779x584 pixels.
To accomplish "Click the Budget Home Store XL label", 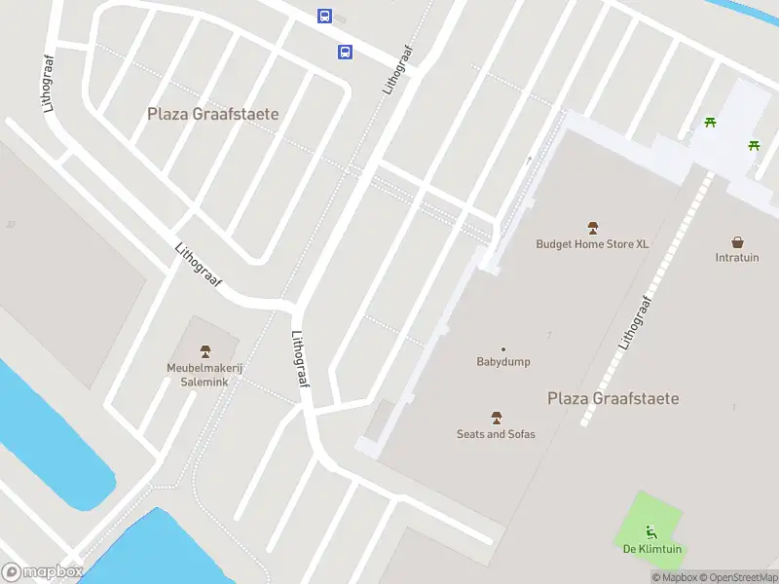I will click(592, 244).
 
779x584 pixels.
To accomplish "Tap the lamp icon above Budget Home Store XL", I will click(592, 227).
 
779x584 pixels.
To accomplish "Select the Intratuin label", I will click(737, 258).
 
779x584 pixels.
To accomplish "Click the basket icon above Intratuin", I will click(737, 241).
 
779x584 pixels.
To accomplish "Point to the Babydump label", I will click(503, 362).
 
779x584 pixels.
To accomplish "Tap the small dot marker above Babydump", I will click(503, 349).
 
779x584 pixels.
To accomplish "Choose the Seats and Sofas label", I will click(496, 434).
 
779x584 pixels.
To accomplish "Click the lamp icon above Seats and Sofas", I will click(497, 418).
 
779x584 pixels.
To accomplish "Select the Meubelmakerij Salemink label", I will click(204, 375).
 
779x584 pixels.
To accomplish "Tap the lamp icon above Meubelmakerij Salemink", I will click(204, 350).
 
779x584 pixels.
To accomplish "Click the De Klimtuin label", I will click(651, 549).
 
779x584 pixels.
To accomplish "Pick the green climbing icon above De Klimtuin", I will click(650, 531).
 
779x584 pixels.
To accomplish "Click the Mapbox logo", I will click(43, 571).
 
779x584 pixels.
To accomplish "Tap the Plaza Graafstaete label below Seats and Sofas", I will click(612, 398).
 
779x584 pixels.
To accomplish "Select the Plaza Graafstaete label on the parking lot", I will click(212, 114).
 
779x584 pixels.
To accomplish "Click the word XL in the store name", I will click(642, 244).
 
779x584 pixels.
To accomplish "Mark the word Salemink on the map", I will click(204, 382).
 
